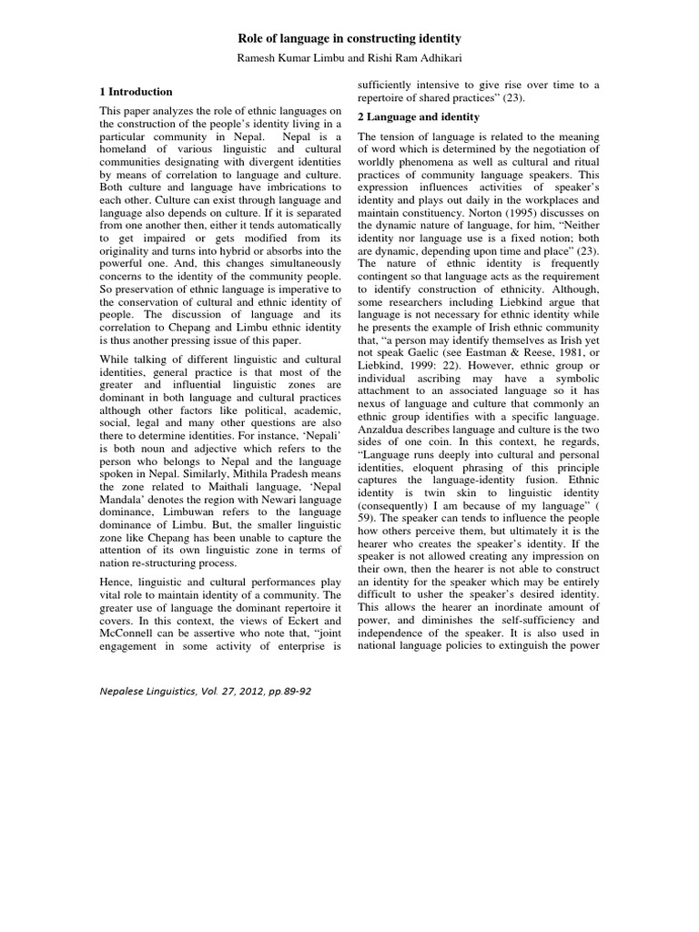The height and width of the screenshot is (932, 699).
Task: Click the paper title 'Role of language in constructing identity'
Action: point(349,38)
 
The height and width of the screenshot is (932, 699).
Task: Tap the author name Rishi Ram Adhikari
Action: point(418,59)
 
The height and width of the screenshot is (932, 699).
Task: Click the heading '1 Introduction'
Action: point(136,92)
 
